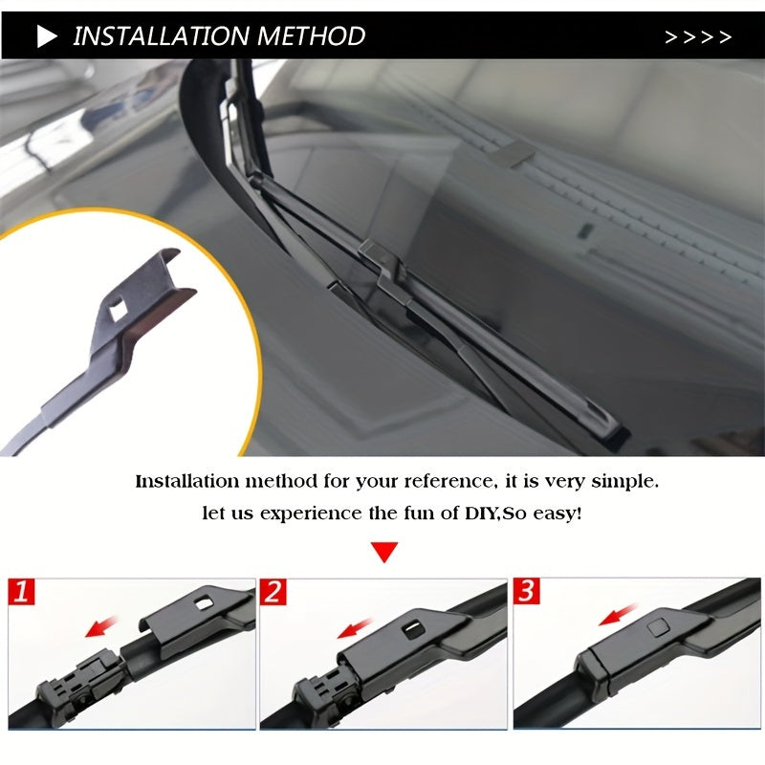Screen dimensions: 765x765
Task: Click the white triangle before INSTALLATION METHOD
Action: click(47, 37)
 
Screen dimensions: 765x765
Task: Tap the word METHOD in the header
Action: click(313, 36)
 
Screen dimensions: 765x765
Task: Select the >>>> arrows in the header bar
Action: click(698, 37)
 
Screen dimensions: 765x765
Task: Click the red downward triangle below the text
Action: click(383, 552)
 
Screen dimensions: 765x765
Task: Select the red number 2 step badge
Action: click(274, 592)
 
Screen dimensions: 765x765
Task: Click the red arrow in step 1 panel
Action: click(102, 626)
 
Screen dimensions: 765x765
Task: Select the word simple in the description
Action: click(623, 481)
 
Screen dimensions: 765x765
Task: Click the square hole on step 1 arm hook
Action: click(203, 602)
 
